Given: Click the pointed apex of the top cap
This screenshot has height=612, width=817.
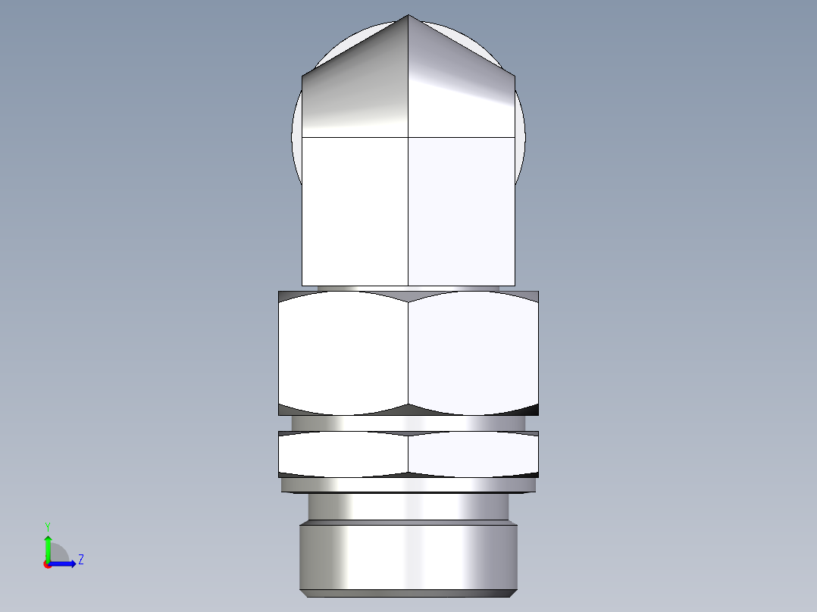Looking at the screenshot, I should tap(409, 17).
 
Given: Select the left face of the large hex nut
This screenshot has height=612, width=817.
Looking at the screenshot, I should tap(343, 352).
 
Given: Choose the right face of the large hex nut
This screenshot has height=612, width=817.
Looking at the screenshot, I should tap(474, 352).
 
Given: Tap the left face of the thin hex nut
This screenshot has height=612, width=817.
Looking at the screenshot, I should tap(343, 454).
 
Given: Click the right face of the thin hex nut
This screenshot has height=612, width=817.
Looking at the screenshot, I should tap(474, 454).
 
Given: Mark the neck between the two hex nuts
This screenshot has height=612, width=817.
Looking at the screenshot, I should tap(409, 423).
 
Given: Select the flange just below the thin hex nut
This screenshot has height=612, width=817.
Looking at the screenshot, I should tap(409, 485).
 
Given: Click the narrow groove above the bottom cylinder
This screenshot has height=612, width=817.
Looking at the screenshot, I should tap(409, 506).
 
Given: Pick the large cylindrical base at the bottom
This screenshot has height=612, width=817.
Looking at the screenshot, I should tap(409, 557).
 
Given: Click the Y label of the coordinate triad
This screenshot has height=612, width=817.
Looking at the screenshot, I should tap(47, 526).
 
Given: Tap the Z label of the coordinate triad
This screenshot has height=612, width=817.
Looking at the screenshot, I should tap(80, 560).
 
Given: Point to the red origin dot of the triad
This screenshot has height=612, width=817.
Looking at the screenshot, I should tap(47, 564).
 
